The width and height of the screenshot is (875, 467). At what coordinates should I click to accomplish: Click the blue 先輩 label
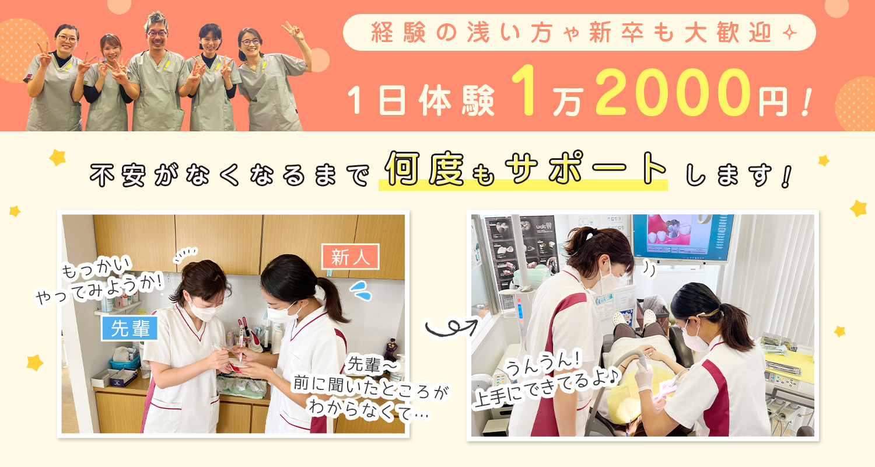pos(129,328)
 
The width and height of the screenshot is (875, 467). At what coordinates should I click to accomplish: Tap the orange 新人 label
pos(351,257)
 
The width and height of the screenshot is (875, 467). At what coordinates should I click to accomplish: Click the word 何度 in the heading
pos(424,169)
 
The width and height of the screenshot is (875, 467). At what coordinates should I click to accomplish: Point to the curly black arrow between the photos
pos(451,327)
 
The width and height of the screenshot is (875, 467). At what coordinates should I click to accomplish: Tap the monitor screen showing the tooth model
pos(682,237)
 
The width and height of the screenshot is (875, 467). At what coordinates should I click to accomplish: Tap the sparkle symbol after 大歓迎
pos(789,33)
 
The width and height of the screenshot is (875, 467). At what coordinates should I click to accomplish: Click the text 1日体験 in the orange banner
pos(421,100)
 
